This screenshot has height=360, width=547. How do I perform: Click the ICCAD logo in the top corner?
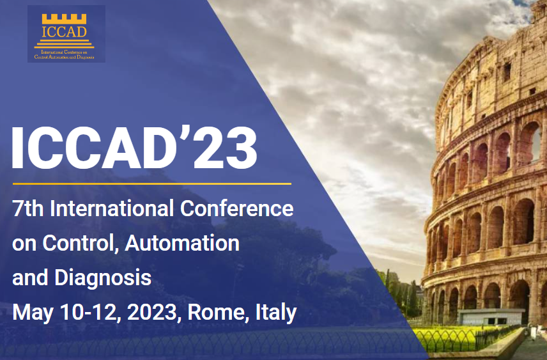coord(66,34)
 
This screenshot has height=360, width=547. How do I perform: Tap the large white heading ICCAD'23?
coord(135,148)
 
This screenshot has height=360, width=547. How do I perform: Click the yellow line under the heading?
coord(151,184)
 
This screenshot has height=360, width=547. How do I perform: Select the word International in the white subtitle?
coord(112,208)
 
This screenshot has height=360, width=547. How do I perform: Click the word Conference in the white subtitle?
coord(237,208)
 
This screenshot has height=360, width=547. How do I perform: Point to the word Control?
coord(79,243)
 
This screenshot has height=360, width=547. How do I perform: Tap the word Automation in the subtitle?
coord(183,243)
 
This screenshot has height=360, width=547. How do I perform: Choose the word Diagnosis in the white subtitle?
coord(103,278)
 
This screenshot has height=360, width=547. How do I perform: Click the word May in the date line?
coord(33,313)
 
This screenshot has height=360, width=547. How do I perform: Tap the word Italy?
coord(276,312)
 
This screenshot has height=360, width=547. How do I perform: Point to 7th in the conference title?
coord(28,208)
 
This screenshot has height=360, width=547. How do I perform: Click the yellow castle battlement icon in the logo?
coord(64,19)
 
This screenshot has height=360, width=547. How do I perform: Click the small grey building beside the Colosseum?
coord(491,317)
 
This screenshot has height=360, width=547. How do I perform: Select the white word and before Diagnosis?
coord(30,278)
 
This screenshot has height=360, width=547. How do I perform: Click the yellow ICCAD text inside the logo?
coord(64,32)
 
